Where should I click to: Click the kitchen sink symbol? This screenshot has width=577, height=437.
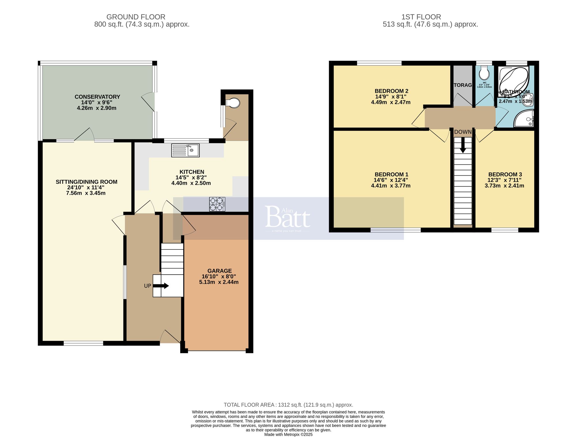(x=185, y=150)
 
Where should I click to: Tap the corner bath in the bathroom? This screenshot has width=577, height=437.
(x=514, y=80)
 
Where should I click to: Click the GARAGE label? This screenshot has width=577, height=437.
(x=219, y=271)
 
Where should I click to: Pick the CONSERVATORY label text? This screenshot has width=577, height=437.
(x=97, y=97)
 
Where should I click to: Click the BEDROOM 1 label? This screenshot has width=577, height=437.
(x=391, y=174)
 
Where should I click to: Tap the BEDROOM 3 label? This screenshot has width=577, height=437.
(x=505, y=174)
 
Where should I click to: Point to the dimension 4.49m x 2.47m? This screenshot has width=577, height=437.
(x=391, y=102)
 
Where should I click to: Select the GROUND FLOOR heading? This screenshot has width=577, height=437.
(x=136, y=17)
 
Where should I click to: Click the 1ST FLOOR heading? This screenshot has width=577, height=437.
(x=421, y=17)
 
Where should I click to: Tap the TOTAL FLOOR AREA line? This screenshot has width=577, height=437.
(x=288, y=405)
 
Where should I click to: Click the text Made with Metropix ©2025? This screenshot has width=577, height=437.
(x=288, y=434)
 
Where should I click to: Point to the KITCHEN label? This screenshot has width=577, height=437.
(x=192, y=172)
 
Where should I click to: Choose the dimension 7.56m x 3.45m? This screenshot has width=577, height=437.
(x=86, y=193)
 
